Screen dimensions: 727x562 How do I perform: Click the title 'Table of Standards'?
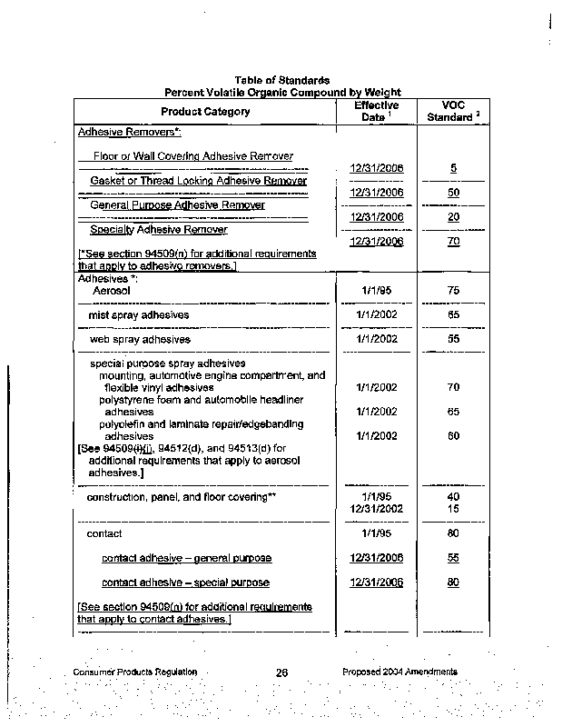(281, 81)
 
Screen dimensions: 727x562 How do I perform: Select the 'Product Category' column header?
(205, 111)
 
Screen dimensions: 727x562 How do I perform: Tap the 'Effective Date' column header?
(376, 112)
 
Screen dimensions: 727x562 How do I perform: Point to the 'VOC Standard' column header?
(451, 112)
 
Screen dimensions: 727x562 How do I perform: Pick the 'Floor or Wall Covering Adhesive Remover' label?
(193, 156)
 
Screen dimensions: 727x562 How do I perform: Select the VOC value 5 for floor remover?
(453, 168)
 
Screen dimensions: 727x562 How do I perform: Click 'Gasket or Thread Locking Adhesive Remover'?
(198, 181)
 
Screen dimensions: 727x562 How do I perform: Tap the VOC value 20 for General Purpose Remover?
(453, 217)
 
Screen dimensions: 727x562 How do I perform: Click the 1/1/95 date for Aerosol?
(376, 290)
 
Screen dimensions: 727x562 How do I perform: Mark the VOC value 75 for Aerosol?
(453, 290)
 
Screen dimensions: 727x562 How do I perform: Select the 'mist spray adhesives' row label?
(139, 314)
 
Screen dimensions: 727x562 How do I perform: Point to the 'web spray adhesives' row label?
(140, 339)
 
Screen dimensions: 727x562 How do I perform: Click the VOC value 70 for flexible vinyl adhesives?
(453, 387)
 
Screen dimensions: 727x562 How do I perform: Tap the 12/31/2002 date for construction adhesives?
(376, 509)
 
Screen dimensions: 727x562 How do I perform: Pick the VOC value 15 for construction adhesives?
(453, 509)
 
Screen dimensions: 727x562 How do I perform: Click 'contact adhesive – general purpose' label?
(186, 558)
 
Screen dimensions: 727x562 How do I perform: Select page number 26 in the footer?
(281, 672)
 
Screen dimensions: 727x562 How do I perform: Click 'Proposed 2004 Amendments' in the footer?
(399, 672)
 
